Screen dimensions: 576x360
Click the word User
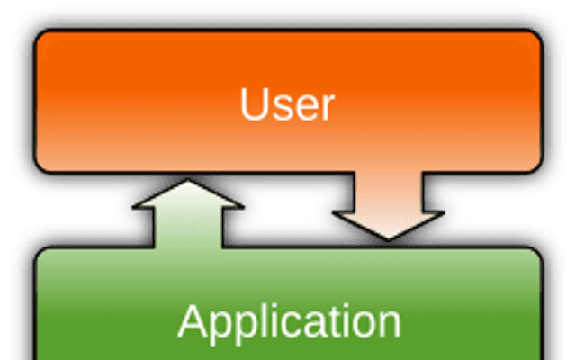click(287, 104)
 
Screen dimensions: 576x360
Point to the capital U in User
click(253, 104)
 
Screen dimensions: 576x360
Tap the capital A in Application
click(193, 320)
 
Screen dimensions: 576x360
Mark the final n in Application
click(390, 325)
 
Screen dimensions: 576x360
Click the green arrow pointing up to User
click(188, 214)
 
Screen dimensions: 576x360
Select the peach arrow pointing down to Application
click(389, 206)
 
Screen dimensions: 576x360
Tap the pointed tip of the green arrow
click(188, 180)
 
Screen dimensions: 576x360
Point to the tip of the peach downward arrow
click(389, 240)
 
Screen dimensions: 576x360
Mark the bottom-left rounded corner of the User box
click(40, 166)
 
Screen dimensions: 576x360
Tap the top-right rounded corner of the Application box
click(537, 253)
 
